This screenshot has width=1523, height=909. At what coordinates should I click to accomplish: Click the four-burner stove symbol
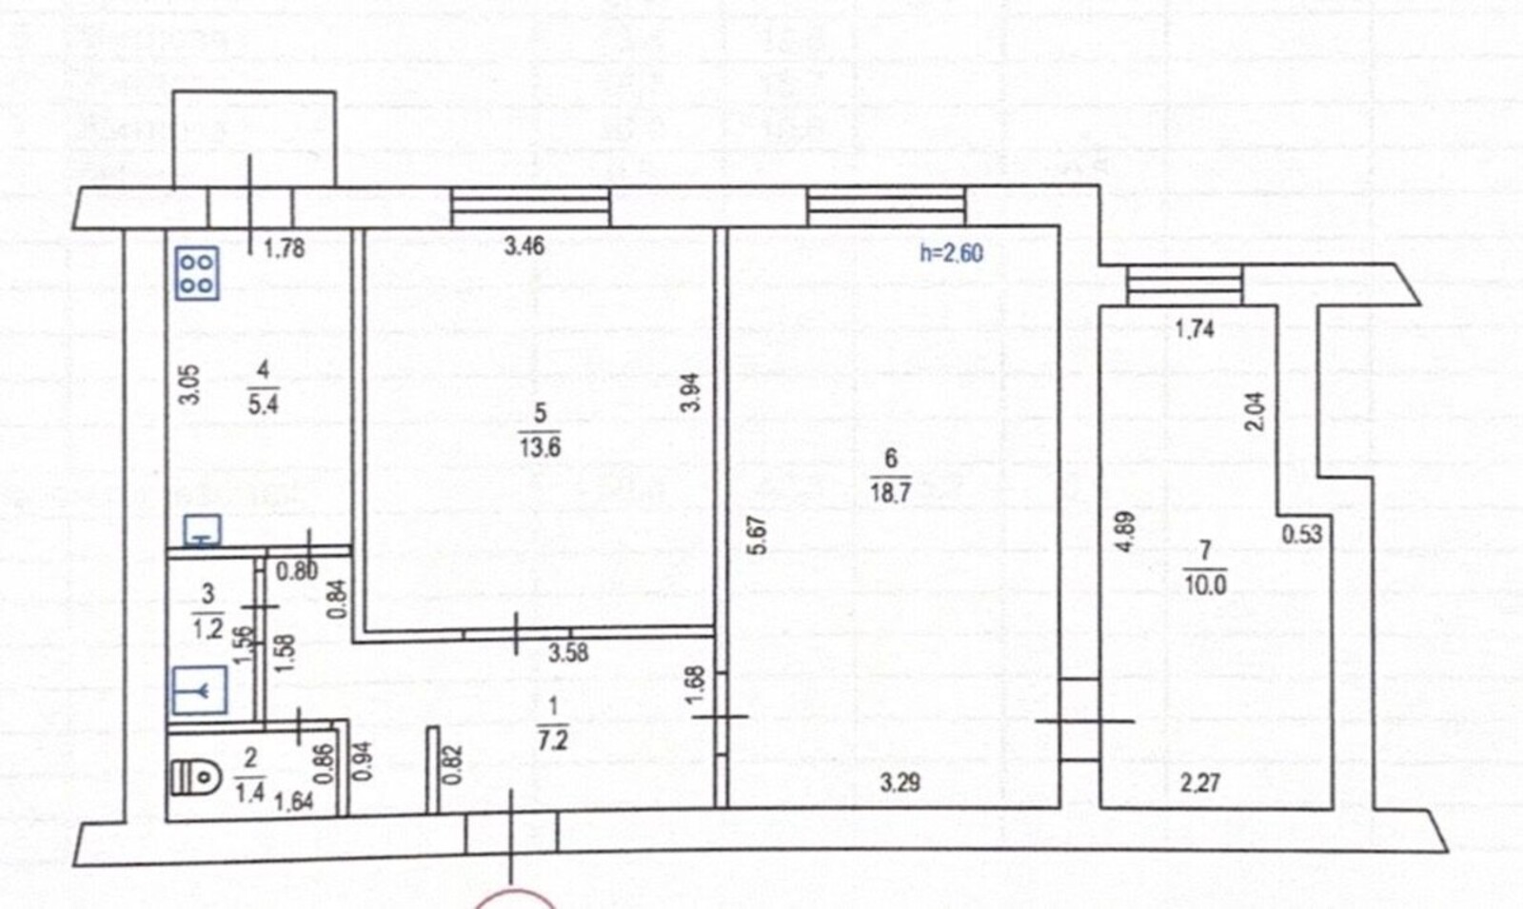[197, 273]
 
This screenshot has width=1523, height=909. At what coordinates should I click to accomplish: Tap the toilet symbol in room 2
[196, 777]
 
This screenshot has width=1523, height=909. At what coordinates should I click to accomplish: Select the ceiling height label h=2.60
[951, 253]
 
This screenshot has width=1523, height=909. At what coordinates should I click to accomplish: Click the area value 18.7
[890, 492]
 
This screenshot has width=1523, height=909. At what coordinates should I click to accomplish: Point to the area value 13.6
[540, 448]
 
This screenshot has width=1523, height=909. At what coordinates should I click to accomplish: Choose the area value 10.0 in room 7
[1205, 584]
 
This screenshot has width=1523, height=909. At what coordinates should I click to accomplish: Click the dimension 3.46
[524, 246]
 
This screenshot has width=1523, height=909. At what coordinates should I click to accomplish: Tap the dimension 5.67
[757, 536]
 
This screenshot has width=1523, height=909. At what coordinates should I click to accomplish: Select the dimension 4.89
[1126, 531]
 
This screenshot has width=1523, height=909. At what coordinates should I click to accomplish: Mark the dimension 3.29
[900, 783]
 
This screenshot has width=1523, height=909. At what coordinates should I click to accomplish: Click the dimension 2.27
[1200, 783]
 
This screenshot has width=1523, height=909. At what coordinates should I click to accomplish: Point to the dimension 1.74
[1195, 329]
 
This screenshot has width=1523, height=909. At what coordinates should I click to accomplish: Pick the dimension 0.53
[1302, 534]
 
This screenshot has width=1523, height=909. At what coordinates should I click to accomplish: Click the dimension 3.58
[568, 653]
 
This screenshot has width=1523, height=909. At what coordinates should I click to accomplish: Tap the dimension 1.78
[285, 248]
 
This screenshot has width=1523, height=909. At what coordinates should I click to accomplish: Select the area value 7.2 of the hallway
[552, 739]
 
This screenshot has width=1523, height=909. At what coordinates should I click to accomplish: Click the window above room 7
[1184, 285]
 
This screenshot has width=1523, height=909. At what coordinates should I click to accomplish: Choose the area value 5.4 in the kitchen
[263, 405]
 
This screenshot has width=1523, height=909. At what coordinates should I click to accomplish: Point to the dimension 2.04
[1256, 411]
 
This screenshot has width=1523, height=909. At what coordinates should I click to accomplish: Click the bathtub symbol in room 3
[199, 689]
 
